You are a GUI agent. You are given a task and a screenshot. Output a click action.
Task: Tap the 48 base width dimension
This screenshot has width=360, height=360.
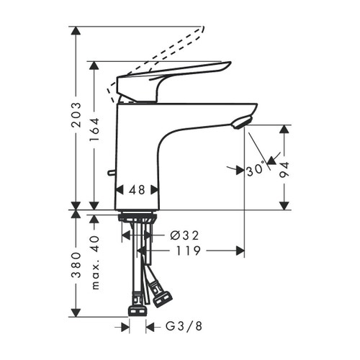(136, 189)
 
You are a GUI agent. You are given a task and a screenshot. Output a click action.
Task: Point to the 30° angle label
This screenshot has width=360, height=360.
(254, 171)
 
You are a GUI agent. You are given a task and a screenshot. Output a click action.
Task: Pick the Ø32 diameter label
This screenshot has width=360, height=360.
(184, 235)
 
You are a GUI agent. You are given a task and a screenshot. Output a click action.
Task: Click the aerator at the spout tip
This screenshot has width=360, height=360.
(242, 123)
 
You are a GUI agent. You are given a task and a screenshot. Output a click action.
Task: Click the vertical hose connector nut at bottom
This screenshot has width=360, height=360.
(136, 310)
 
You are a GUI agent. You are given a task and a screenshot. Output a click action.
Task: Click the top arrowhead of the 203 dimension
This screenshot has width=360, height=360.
(75, 31)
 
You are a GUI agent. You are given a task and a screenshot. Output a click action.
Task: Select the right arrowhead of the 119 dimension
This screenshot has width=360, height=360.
(240, 251)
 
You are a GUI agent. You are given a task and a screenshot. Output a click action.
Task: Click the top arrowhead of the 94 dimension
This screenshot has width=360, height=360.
(285, 129)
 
